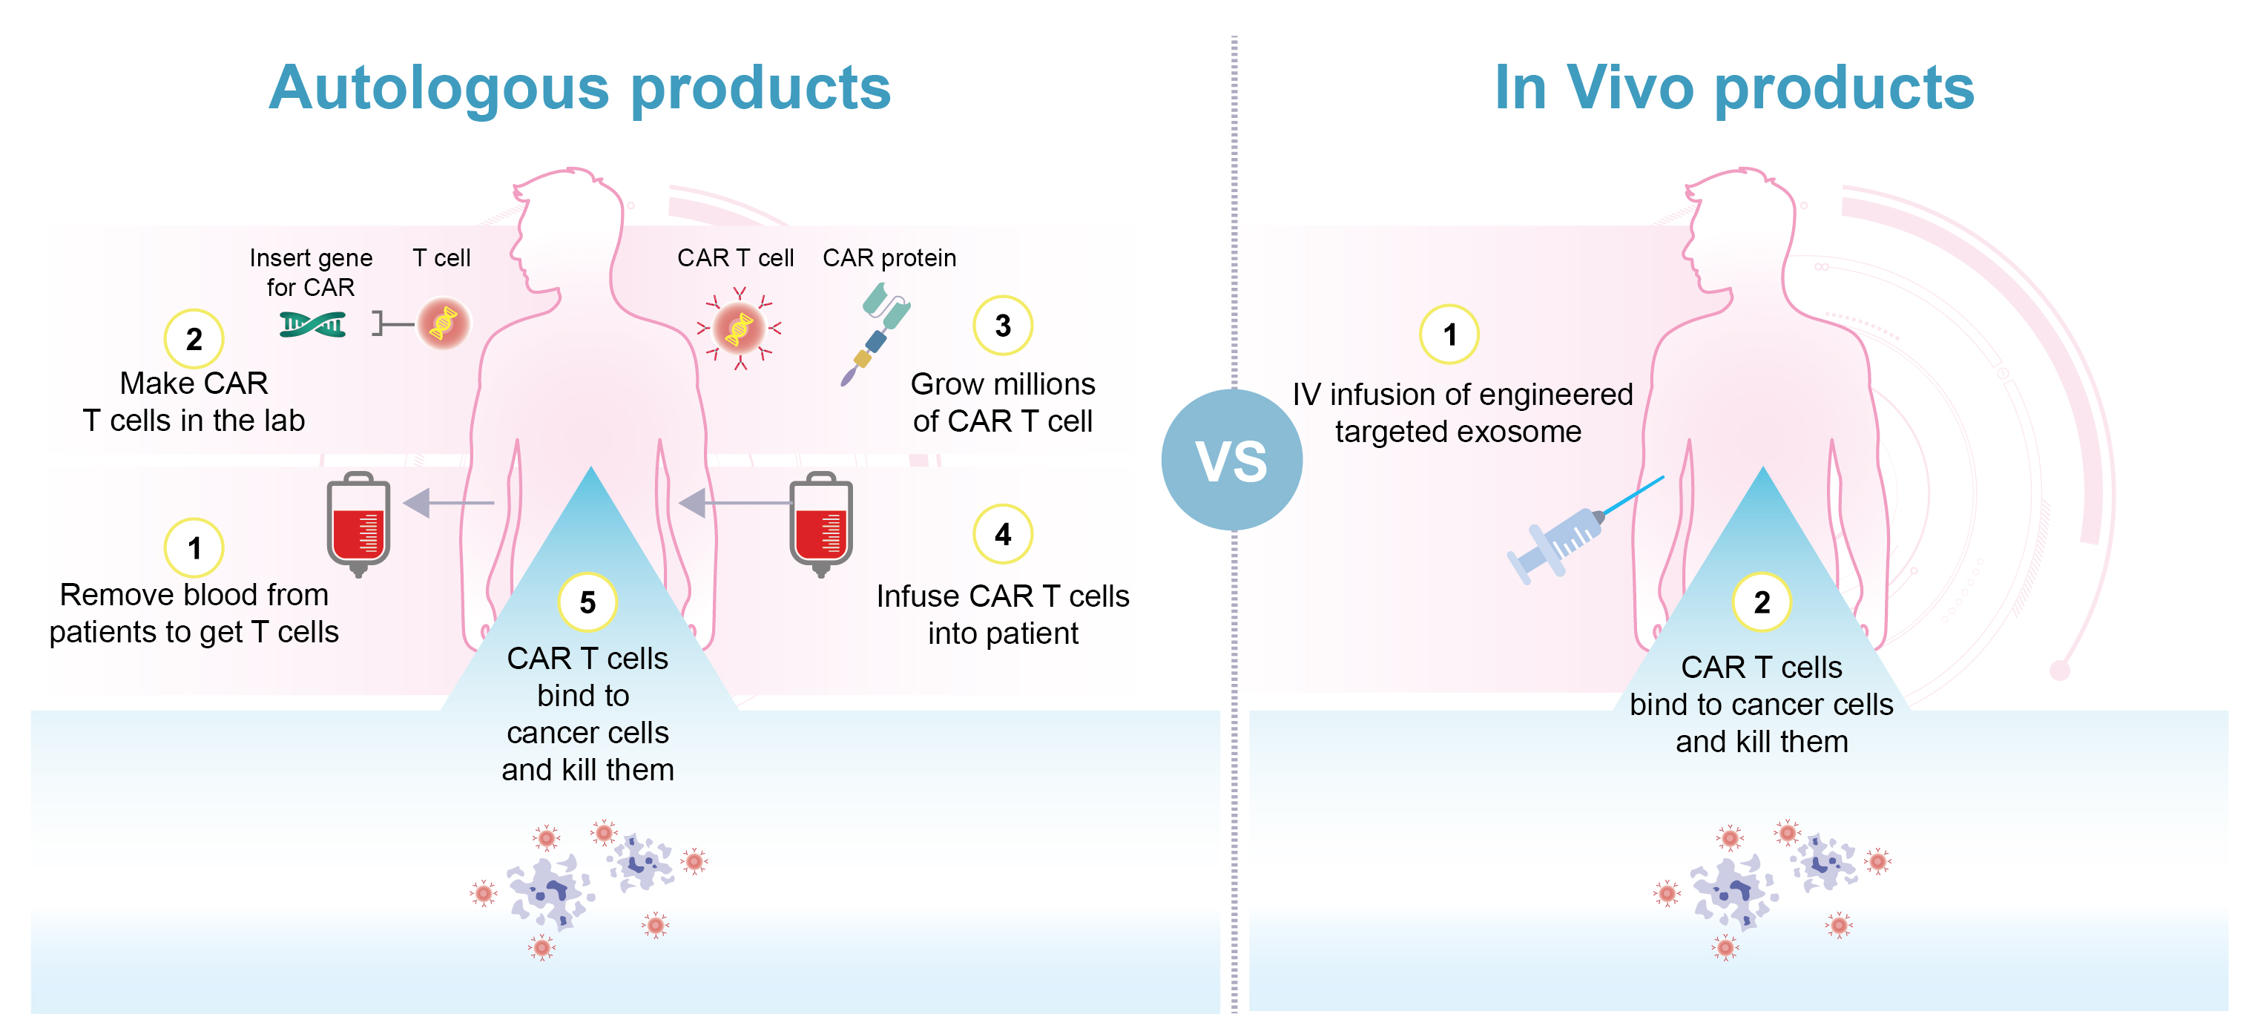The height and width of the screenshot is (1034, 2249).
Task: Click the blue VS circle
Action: [1231, 460]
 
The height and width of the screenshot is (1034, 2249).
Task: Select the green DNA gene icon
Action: [312, 325]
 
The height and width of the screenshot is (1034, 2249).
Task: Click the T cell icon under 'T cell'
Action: [444, 324]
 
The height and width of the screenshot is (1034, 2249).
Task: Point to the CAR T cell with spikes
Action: [740, 329]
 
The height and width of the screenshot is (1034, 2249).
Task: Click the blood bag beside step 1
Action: [358, 523]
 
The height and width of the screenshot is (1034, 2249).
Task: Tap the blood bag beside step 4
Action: [820, 523]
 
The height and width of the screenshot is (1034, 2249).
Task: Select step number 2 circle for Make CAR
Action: [194, 339]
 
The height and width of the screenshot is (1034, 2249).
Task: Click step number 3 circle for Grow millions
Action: [1003, 326]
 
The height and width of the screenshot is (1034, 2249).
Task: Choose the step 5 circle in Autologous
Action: [587, 602]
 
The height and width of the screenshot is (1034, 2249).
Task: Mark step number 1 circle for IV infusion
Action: [1449, 335]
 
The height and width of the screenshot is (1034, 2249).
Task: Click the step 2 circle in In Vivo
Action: [1762, 602]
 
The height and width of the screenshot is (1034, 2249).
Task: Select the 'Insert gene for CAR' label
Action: [311, 271]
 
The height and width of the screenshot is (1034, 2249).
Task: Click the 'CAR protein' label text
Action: [889, 257]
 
